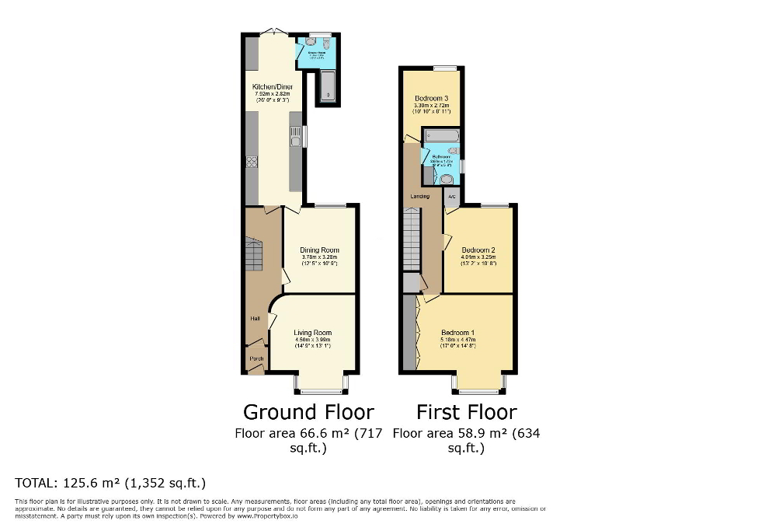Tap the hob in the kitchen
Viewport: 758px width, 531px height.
click(x=252, y=162)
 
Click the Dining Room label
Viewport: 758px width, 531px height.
click(x=319, y=250)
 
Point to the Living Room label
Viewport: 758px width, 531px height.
click(x=312, y=333)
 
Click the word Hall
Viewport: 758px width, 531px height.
click(x=254, y=319)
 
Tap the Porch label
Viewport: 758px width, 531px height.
click(x=256, y=358)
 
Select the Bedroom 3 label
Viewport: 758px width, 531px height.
click(x=430, y=98)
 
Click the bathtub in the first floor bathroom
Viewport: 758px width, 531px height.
click(x=442, y=135)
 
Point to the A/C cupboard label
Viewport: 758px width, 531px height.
click(x=451, y=197)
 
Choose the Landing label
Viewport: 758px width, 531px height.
click(x=419, y=196)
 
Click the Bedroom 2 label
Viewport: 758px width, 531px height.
click(x=478, y=250)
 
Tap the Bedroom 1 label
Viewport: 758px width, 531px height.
click(x=457, y=333)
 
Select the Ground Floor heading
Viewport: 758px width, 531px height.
click(x=308, y=411)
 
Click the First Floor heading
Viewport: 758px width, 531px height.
click(x=466, y=411)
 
